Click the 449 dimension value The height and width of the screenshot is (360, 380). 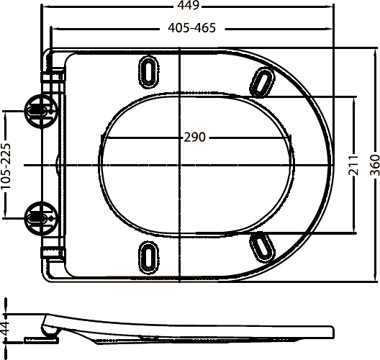click(188, 5)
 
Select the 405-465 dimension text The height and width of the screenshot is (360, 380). click(191, 28)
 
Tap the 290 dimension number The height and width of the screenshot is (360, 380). click(194, 138)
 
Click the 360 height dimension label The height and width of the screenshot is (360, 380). click(375, 165)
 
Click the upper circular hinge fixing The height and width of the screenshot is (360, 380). click(41, 112)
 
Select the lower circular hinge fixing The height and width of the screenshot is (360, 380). click(41, 218)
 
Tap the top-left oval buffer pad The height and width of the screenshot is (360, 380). click(148, 71)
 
